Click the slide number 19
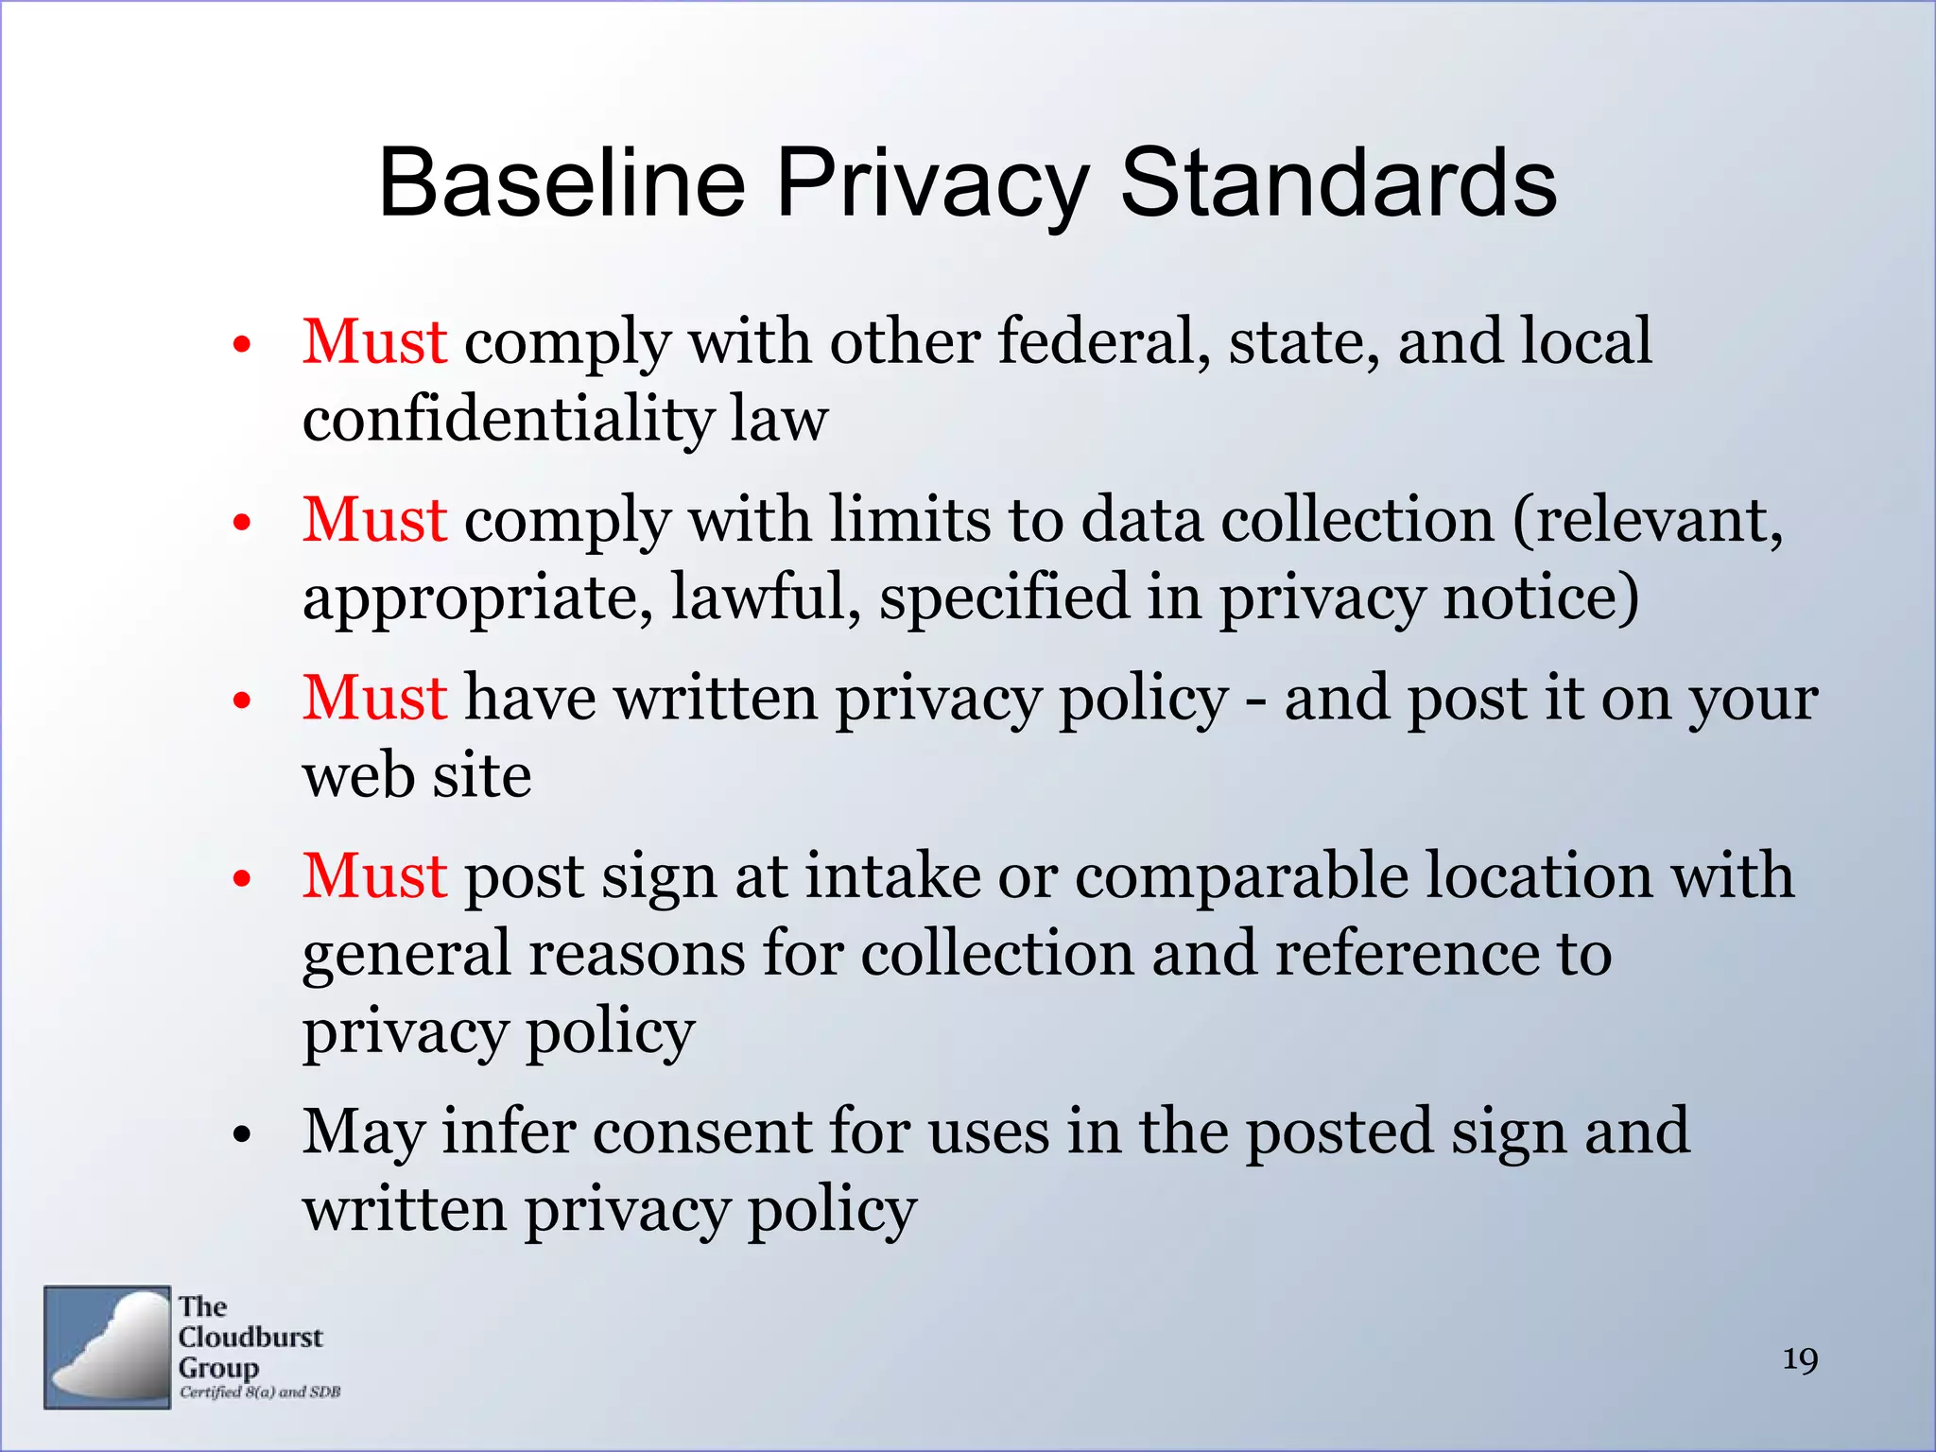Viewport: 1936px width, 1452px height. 1800,1360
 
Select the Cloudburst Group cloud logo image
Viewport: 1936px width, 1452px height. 107,1347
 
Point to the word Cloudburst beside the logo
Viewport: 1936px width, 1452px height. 251,1338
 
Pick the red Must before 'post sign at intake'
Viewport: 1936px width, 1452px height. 374,875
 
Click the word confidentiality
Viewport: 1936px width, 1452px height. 508,419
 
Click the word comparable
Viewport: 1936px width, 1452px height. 1240,875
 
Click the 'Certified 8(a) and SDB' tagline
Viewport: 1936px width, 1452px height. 260,1392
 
